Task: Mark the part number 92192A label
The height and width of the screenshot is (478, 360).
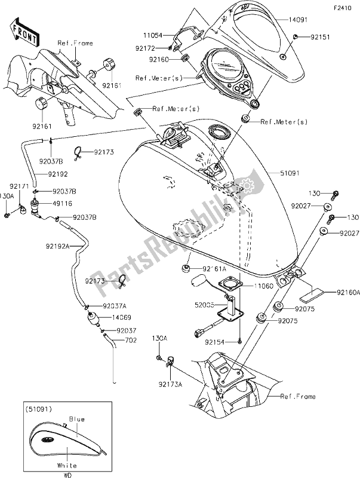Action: [x=57, y=245]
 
